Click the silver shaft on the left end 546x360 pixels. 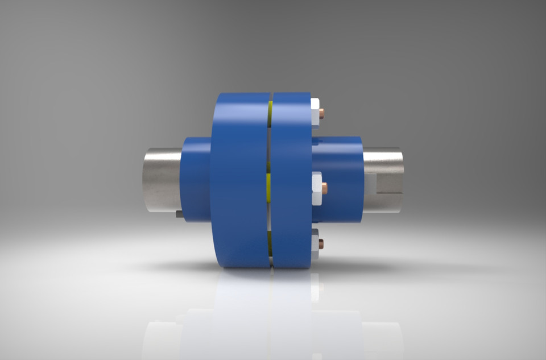tap(161, 179)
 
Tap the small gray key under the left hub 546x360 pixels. tap(179, 214)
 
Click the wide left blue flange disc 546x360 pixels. tap(239, 179)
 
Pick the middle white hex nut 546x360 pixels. tap(316, 187)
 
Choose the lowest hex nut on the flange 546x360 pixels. tap(315, 244)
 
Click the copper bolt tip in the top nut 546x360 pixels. tap(322, 113)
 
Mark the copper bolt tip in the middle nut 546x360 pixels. tap(324, 188)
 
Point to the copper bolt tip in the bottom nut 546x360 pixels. tap(321, 244)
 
